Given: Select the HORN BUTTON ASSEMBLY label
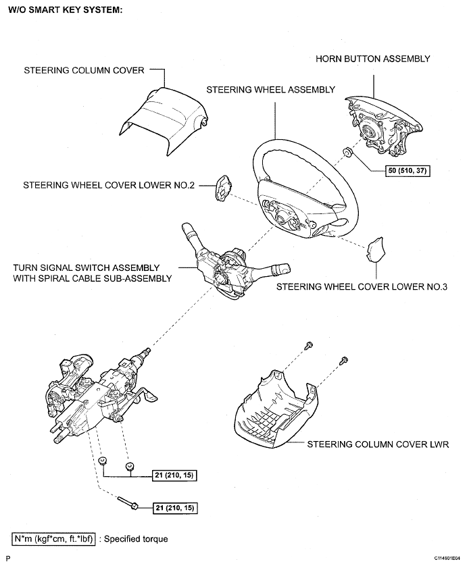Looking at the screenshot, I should tap(373, 59).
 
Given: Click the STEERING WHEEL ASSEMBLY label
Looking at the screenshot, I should tap(270, 89).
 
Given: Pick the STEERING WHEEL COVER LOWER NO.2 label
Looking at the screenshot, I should tap(109, 184).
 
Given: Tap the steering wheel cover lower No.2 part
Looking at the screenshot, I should tap(224, 188).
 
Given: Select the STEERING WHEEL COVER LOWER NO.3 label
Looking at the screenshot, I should tap(362, 286).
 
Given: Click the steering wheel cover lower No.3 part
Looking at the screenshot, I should tap(376, 249).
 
